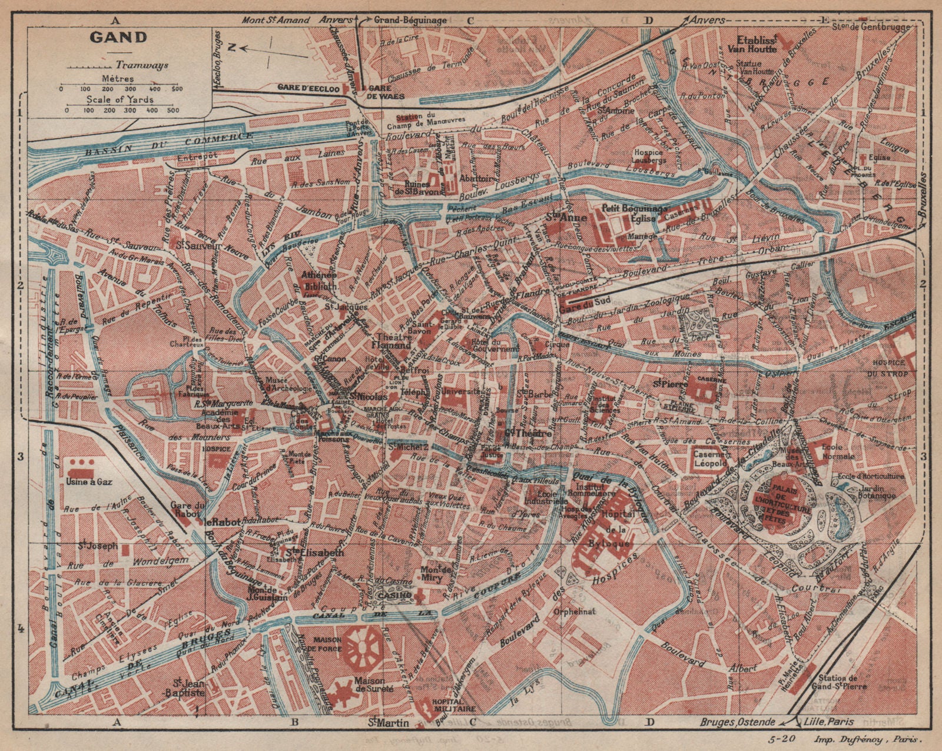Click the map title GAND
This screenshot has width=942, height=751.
[118, 38]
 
